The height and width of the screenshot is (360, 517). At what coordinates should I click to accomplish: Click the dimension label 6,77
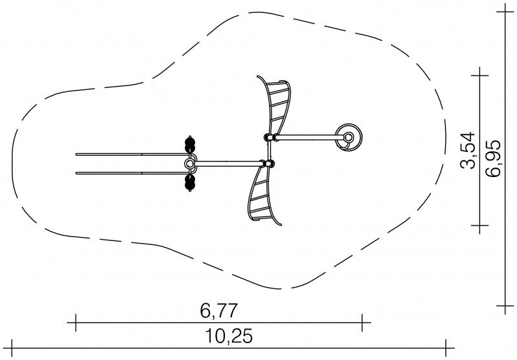[218, 310]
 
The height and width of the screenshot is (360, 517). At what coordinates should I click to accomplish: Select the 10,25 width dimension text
[229, 336]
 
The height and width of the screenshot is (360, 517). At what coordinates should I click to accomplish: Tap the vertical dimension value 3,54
[468, 151]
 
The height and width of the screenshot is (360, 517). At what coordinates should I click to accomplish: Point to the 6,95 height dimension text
[494, 158]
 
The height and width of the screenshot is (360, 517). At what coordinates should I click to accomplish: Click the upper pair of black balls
[190, 143]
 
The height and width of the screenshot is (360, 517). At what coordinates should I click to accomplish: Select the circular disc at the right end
[348, 137]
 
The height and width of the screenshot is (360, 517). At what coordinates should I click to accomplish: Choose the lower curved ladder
[263, 196]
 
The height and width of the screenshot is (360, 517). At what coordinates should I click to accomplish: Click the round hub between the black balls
[189, 164]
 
